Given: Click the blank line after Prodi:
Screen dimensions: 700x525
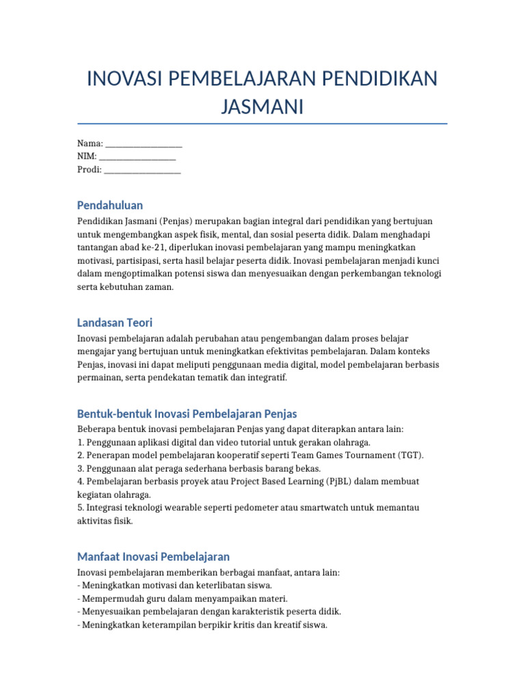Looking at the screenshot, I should coord(142,170).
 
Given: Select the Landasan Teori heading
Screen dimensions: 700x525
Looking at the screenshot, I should coord(115,322).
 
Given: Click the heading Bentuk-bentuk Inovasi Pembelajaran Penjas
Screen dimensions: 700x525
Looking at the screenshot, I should coord(187,414).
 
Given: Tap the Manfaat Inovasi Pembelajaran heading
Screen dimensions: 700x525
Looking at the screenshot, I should coord(153,556).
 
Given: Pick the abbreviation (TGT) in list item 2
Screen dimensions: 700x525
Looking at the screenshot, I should coord(408,455).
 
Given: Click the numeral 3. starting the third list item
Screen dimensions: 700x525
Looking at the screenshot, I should coord(81,468).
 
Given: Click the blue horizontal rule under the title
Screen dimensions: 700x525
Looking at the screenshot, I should coord(262,124).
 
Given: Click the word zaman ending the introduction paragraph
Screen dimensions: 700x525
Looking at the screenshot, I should coord(160,287).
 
